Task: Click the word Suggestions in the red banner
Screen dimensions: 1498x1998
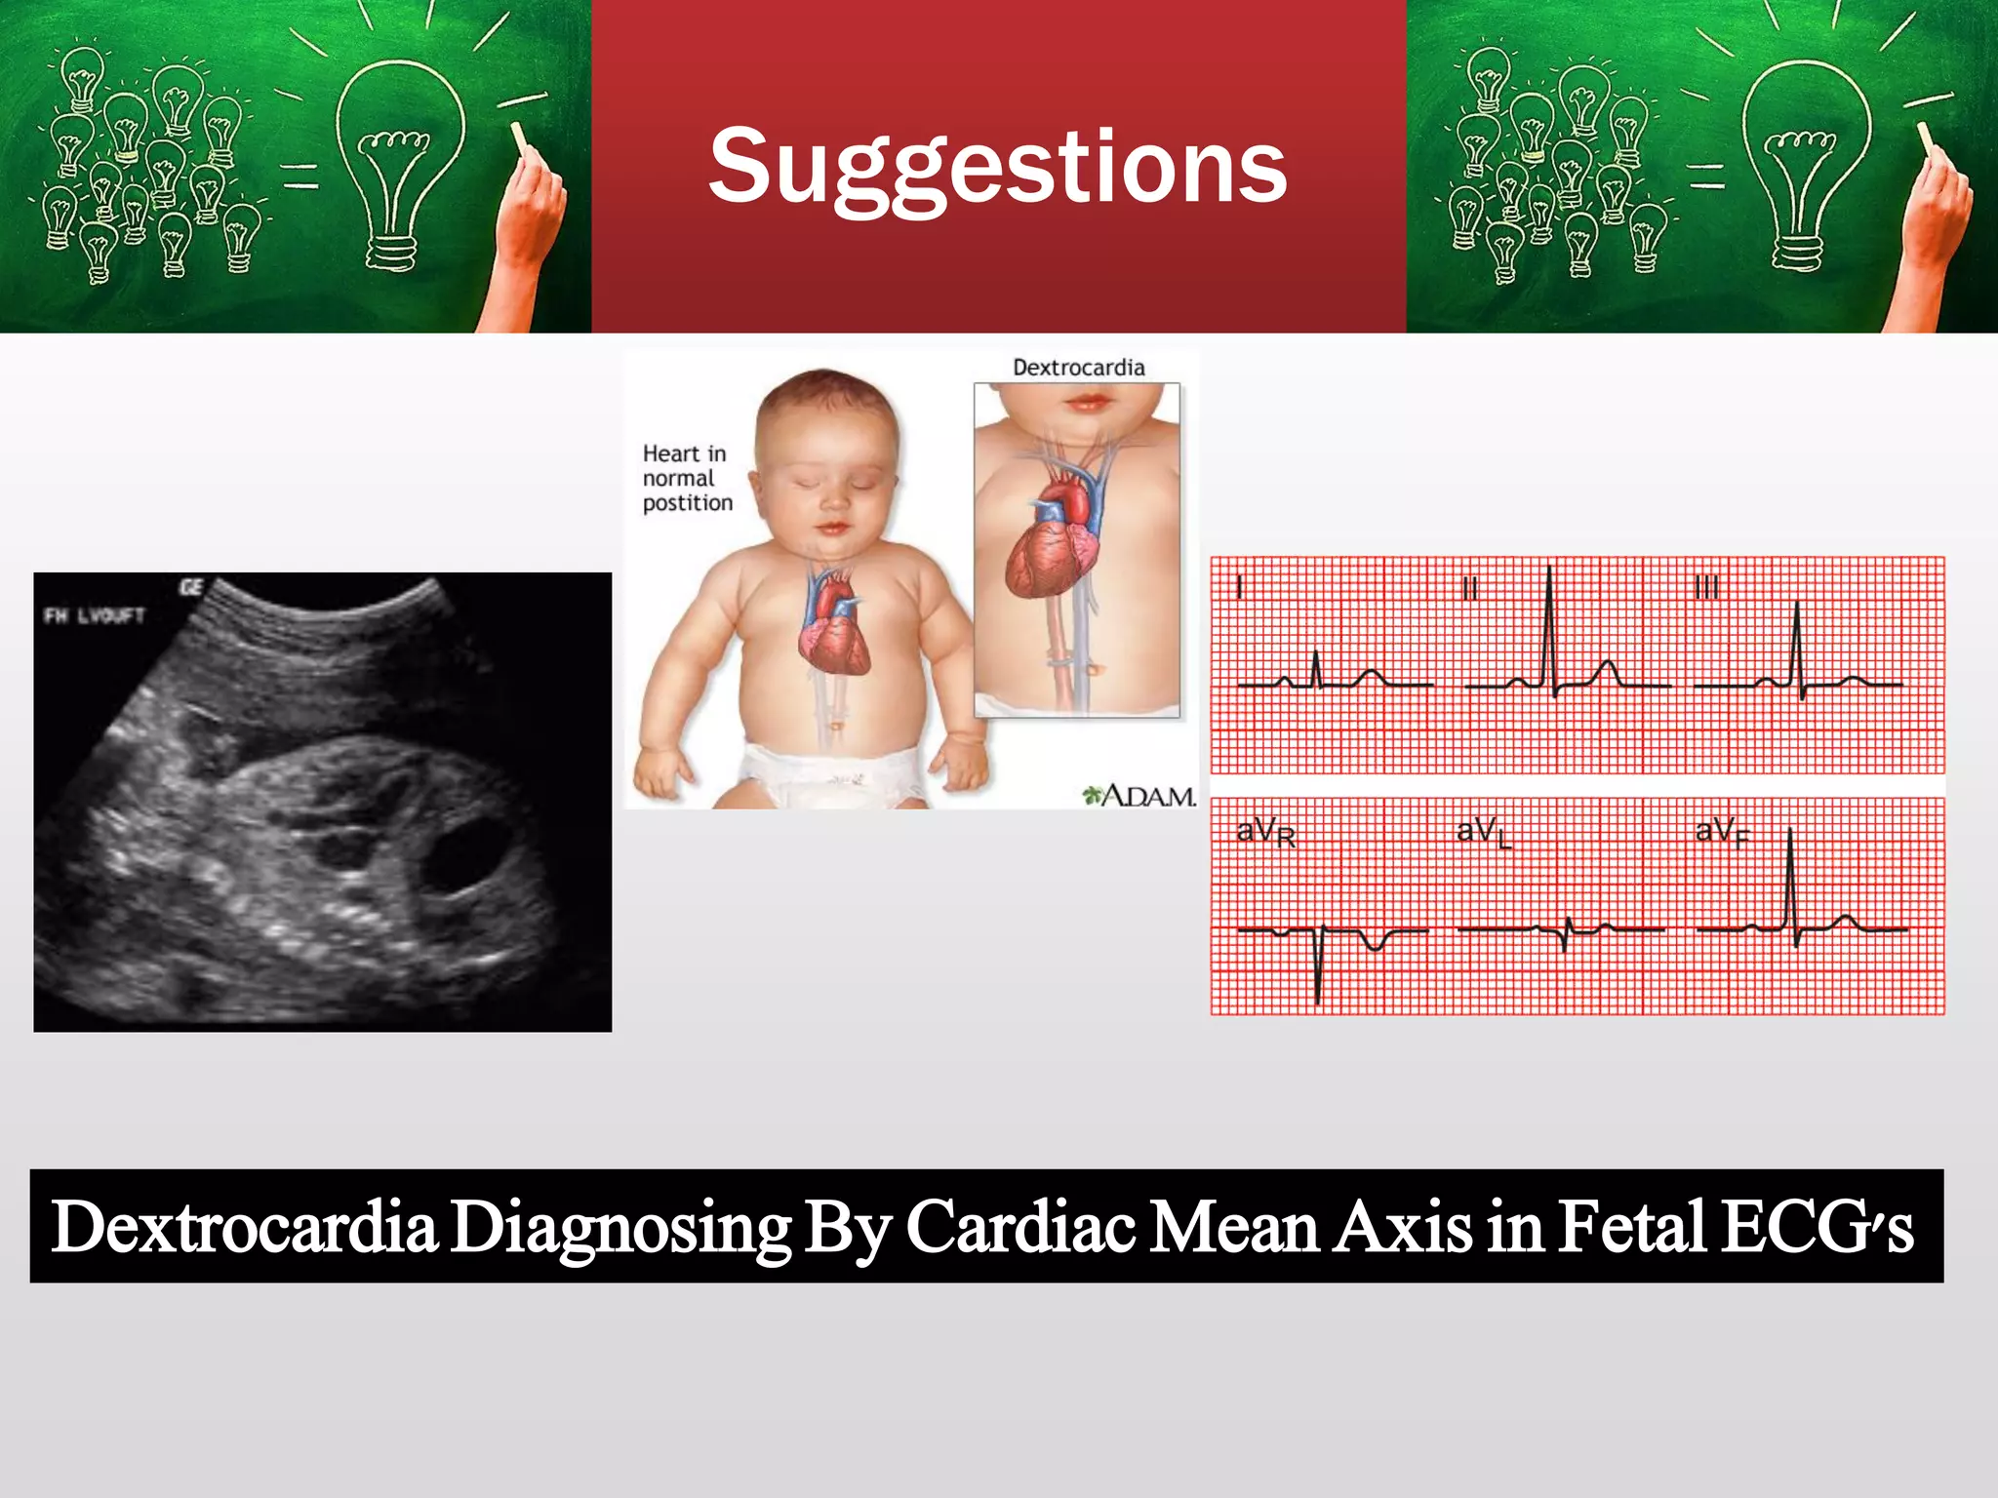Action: [997, 168]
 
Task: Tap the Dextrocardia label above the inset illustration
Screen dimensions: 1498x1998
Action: [1078, 368]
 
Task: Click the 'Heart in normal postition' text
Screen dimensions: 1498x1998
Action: [687, 478]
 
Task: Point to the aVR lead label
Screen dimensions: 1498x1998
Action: [1265, 833]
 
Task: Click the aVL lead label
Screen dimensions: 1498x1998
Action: [1483, 832]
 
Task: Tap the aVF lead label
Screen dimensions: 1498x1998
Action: [1722, 833]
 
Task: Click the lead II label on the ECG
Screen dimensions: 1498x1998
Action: [1470, 588]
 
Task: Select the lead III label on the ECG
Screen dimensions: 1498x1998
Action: [1706, 587]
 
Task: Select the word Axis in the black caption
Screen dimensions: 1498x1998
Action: [1403, 1227]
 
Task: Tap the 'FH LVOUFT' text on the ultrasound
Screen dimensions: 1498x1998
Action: [95, 615]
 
